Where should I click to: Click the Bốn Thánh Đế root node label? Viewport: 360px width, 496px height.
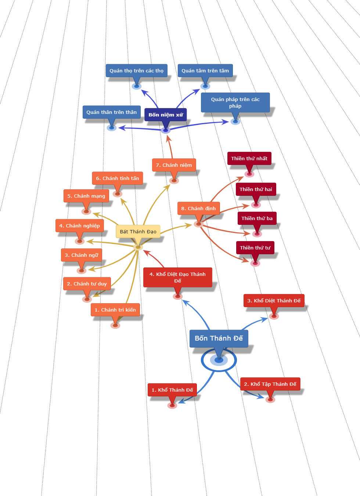pyautogui.click(x=219, y=338)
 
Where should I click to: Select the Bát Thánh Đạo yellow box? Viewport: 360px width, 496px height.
pyautogui.click(x=138, y=231)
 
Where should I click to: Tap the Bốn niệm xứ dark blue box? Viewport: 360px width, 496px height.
pyautogui.click(x=166, y=115)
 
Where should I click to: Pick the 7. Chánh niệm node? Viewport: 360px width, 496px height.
pyautogui.click(x=174, y=165)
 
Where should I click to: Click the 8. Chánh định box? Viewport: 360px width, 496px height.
pyautogui.click(x=198, y=208)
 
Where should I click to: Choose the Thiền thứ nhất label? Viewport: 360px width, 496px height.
pyautogui.click(x=249, y=158)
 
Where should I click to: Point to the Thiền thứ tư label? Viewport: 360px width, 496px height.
pyautogui.click(x=255, y=248)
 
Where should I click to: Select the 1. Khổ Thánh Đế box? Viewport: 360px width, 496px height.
pyautogui.click(x=172, y=390)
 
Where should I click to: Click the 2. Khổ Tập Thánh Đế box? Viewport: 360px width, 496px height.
pyautogui.click(x=270, y=384)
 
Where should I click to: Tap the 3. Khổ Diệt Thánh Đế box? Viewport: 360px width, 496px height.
pyautogui.click(x=274, y=301)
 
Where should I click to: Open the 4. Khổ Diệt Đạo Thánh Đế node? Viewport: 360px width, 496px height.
pyautogui.click(x=177, y=277)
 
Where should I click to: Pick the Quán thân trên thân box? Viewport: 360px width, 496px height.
pyautogui.click(x=111, y=112)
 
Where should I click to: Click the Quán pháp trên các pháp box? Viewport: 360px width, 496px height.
pyautogui.click(x=235, y=103)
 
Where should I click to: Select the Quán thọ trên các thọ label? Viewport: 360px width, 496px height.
pyautogui.click(x=136, y=71)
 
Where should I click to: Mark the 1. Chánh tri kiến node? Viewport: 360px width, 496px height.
pyautogui.click(x=115, y=310)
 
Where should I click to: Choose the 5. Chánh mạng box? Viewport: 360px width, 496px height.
pyautogui.click(x=86, y=196)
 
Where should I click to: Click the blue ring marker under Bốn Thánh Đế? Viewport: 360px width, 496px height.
pyautogui.click(x=219, y=360)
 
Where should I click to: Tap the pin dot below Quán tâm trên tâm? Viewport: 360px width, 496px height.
pyautogui.click(x=205, y=86)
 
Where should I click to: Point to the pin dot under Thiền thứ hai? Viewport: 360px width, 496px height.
pyautogui.click(x=256, y=205)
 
